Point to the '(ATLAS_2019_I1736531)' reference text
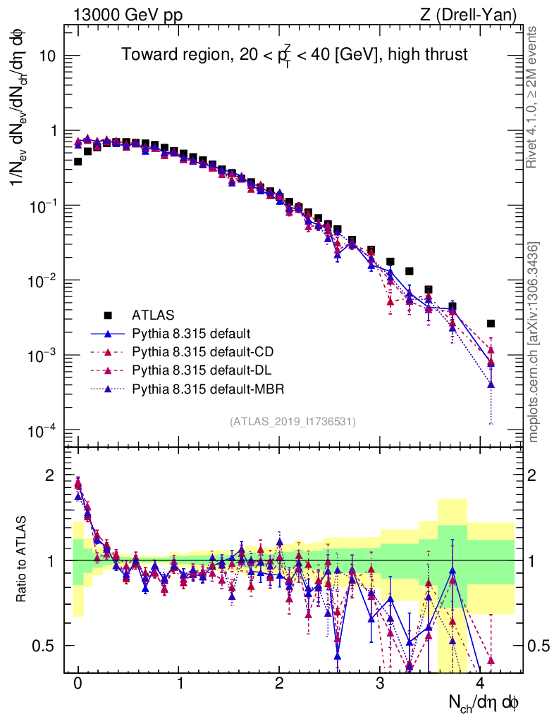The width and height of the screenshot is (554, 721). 293,421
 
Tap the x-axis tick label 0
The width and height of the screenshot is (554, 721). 78,683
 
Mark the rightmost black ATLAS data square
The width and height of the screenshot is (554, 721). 491,323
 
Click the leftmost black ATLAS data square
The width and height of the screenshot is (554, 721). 78,161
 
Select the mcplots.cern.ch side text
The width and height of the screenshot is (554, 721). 534,342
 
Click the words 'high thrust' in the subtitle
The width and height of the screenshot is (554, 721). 429,54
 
